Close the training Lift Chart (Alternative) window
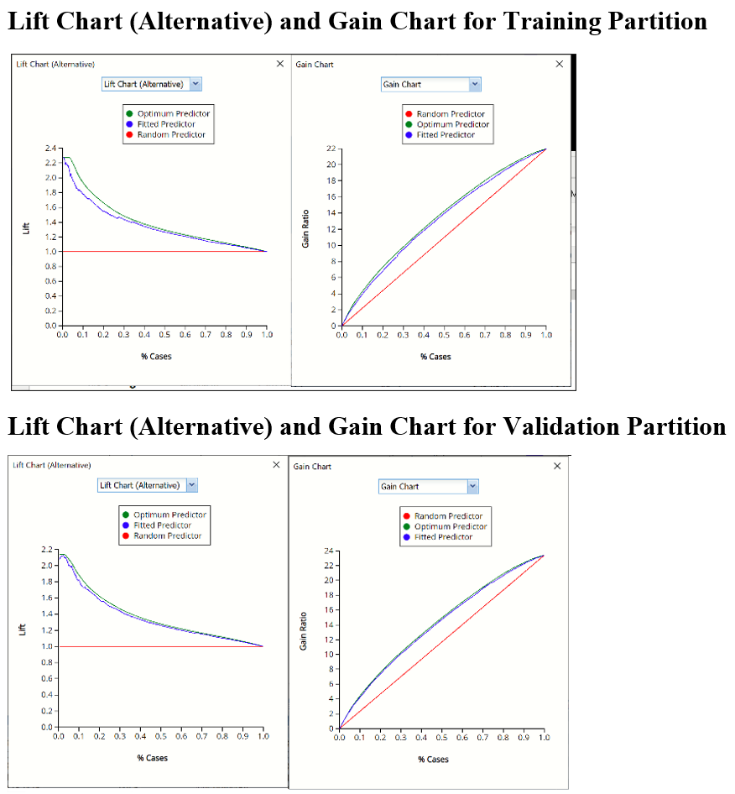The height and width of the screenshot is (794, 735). [280, 64]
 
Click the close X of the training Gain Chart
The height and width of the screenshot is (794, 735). [560, 64]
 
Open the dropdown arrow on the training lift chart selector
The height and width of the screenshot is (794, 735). [195, 84]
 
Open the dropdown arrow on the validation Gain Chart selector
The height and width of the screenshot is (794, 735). [472, 487]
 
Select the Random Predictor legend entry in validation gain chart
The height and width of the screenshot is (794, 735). [448, 516]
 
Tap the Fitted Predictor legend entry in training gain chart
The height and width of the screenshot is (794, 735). [446, 135]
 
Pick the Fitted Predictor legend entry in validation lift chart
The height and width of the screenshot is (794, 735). [163, 525]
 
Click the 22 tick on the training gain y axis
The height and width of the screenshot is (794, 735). [331, 149]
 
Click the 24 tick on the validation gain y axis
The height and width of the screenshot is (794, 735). [329, 551]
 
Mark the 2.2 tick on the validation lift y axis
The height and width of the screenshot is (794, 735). [47, 549]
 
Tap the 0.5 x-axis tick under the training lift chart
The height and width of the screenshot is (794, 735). [164, 335]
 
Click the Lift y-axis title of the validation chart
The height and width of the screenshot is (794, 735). [23, 628]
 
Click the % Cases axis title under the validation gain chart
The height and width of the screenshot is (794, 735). [433, 760]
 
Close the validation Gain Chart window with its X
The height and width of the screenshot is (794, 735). [557, 467]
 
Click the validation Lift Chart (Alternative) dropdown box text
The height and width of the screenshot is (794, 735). [139, 485]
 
